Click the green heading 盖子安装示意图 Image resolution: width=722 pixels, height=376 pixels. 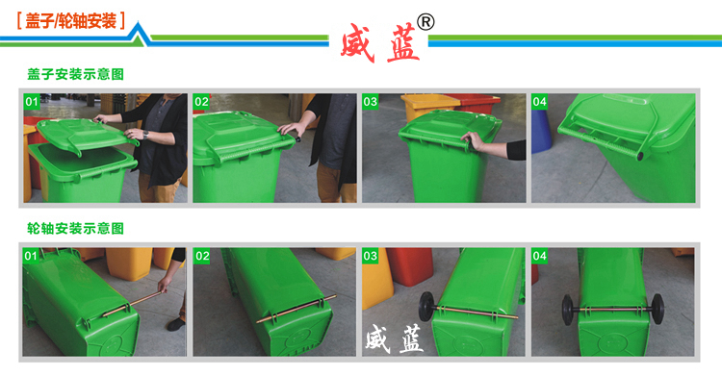pos(76,74)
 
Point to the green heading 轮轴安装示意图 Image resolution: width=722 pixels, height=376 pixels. pos(76,229)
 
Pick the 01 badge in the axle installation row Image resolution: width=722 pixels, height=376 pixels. pos(32,256)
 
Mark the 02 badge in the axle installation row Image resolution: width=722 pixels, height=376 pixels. pos(201,256)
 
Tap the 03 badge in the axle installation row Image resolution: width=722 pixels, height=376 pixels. pos(371,256)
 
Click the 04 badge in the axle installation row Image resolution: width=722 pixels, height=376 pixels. pos(540,256)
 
